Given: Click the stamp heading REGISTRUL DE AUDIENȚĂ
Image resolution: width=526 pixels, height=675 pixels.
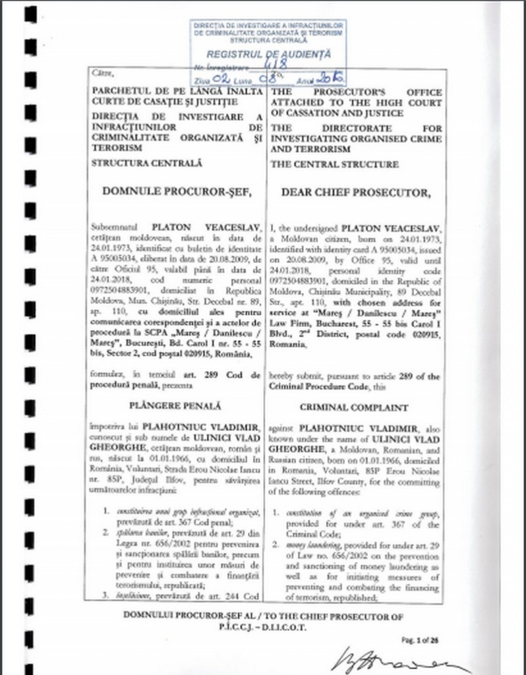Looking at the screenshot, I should pos(268,55).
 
